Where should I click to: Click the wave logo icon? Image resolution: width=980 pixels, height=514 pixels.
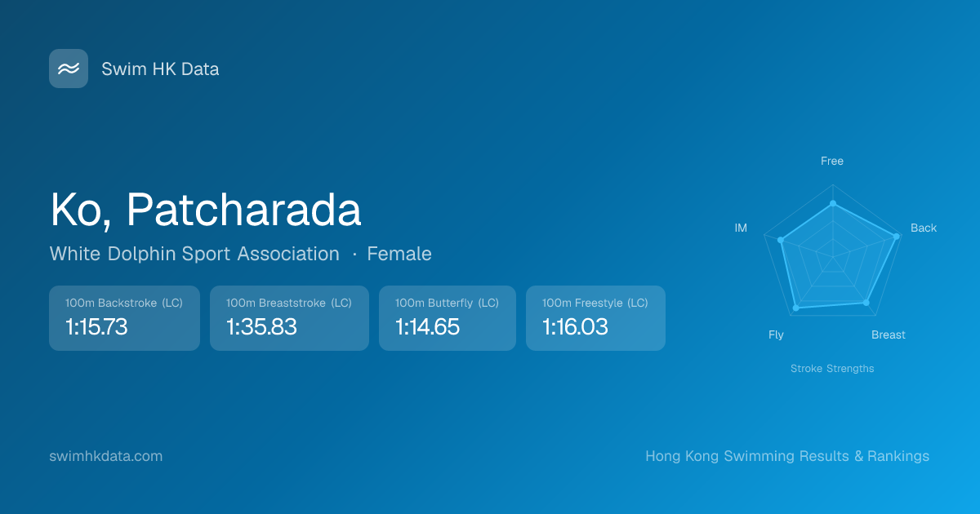69,69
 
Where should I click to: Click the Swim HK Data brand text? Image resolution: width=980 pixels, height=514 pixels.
160,69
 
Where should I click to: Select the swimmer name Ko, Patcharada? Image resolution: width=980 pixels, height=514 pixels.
206,210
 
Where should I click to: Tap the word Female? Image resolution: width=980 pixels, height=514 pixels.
399,254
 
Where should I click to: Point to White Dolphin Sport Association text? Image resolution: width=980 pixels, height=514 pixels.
194,254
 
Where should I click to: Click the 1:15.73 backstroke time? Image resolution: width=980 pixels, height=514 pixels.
96,327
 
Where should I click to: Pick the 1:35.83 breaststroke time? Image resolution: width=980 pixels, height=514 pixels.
261,327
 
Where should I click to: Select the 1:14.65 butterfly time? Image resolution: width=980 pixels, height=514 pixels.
427,327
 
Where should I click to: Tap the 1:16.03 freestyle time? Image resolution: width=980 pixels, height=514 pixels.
575,327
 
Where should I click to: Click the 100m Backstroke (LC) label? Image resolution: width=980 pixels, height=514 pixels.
124,303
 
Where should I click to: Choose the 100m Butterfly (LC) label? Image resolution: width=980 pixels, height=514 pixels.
447,303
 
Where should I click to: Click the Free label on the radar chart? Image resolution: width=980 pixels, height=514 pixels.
832,162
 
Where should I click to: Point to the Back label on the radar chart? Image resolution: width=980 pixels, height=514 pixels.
924,228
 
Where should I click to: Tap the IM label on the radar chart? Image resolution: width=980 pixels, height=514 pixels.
741,228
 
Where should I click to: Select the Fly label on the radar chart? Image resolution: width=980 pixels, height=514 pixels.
776,335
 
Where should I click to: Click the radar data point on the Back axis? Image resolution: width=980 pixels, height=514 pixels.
896,237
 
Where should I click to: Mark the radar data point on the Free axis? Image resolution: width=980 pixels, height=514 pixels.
833,204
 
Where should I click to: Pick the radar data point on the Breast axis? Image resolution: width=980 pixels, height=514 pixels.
866,303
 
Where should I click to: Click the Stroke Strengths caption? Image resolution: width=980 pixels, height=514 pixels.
832,369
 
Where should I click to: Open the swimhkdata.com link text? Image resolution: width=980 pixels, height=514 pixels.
106,456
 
